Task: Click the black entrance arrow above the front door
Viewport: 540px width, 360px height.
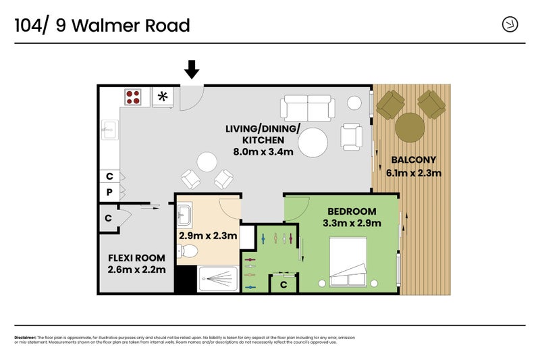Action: (x=192, y=68)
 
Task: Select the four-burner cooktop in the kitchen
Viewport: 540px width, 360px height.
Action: (x=133, y=97)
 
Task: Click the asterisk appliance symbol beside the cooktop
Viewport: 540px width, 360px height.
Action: (x=162, y=97)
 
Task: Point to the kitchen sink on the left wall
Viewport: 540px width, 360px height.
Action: (x=109, y=129)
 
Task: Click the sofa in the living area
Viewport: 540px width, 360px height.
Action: (x=308, y=107)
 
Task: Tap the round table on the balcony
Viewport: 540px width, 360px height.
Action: (x=410, y=126)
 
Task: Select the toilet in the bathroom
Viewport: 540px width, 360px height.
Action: (x=188, y=252)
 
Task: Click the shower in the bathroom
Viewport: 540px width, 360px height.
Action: (x=217, y=278)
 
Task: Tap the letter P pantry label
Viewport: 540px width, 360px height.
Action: (x=109, y=192)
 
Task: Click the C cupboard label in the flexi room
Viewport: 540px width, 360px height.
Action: (x=108, y=218)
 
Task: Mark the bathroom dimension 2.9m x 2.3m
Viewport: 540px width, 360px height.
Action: (x=208, y=236)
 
